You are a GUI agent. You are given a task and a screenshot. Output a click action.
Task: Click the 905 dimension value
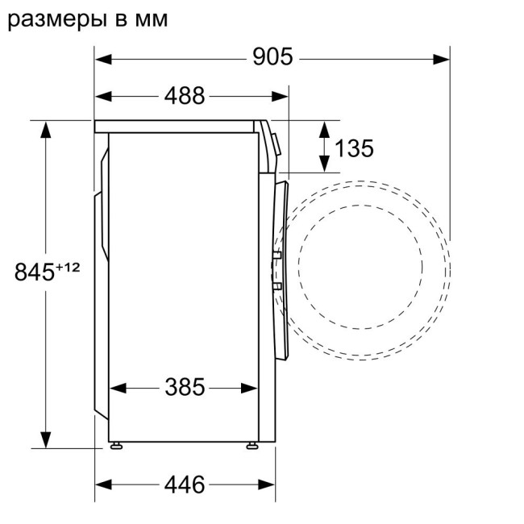tap(272, 58)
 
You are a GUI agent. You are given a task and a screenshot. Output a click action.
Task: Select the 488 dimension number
tap(185, 96)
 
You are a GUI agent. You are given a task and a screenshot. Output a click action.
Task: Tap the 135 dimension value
tap(354, 148)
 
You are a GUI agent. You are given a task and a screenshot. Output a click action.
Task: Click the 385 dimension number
tap(185, 388)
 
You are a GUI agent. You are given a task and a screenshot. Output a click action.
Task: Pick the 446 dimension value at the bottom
tap(185, 484)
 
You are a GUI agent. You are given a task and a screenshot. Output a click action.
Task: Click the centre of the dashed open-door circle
tap(360, 267)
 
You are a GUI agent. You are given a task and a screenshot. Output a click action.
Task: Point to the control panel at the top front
tap(272, 141)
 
